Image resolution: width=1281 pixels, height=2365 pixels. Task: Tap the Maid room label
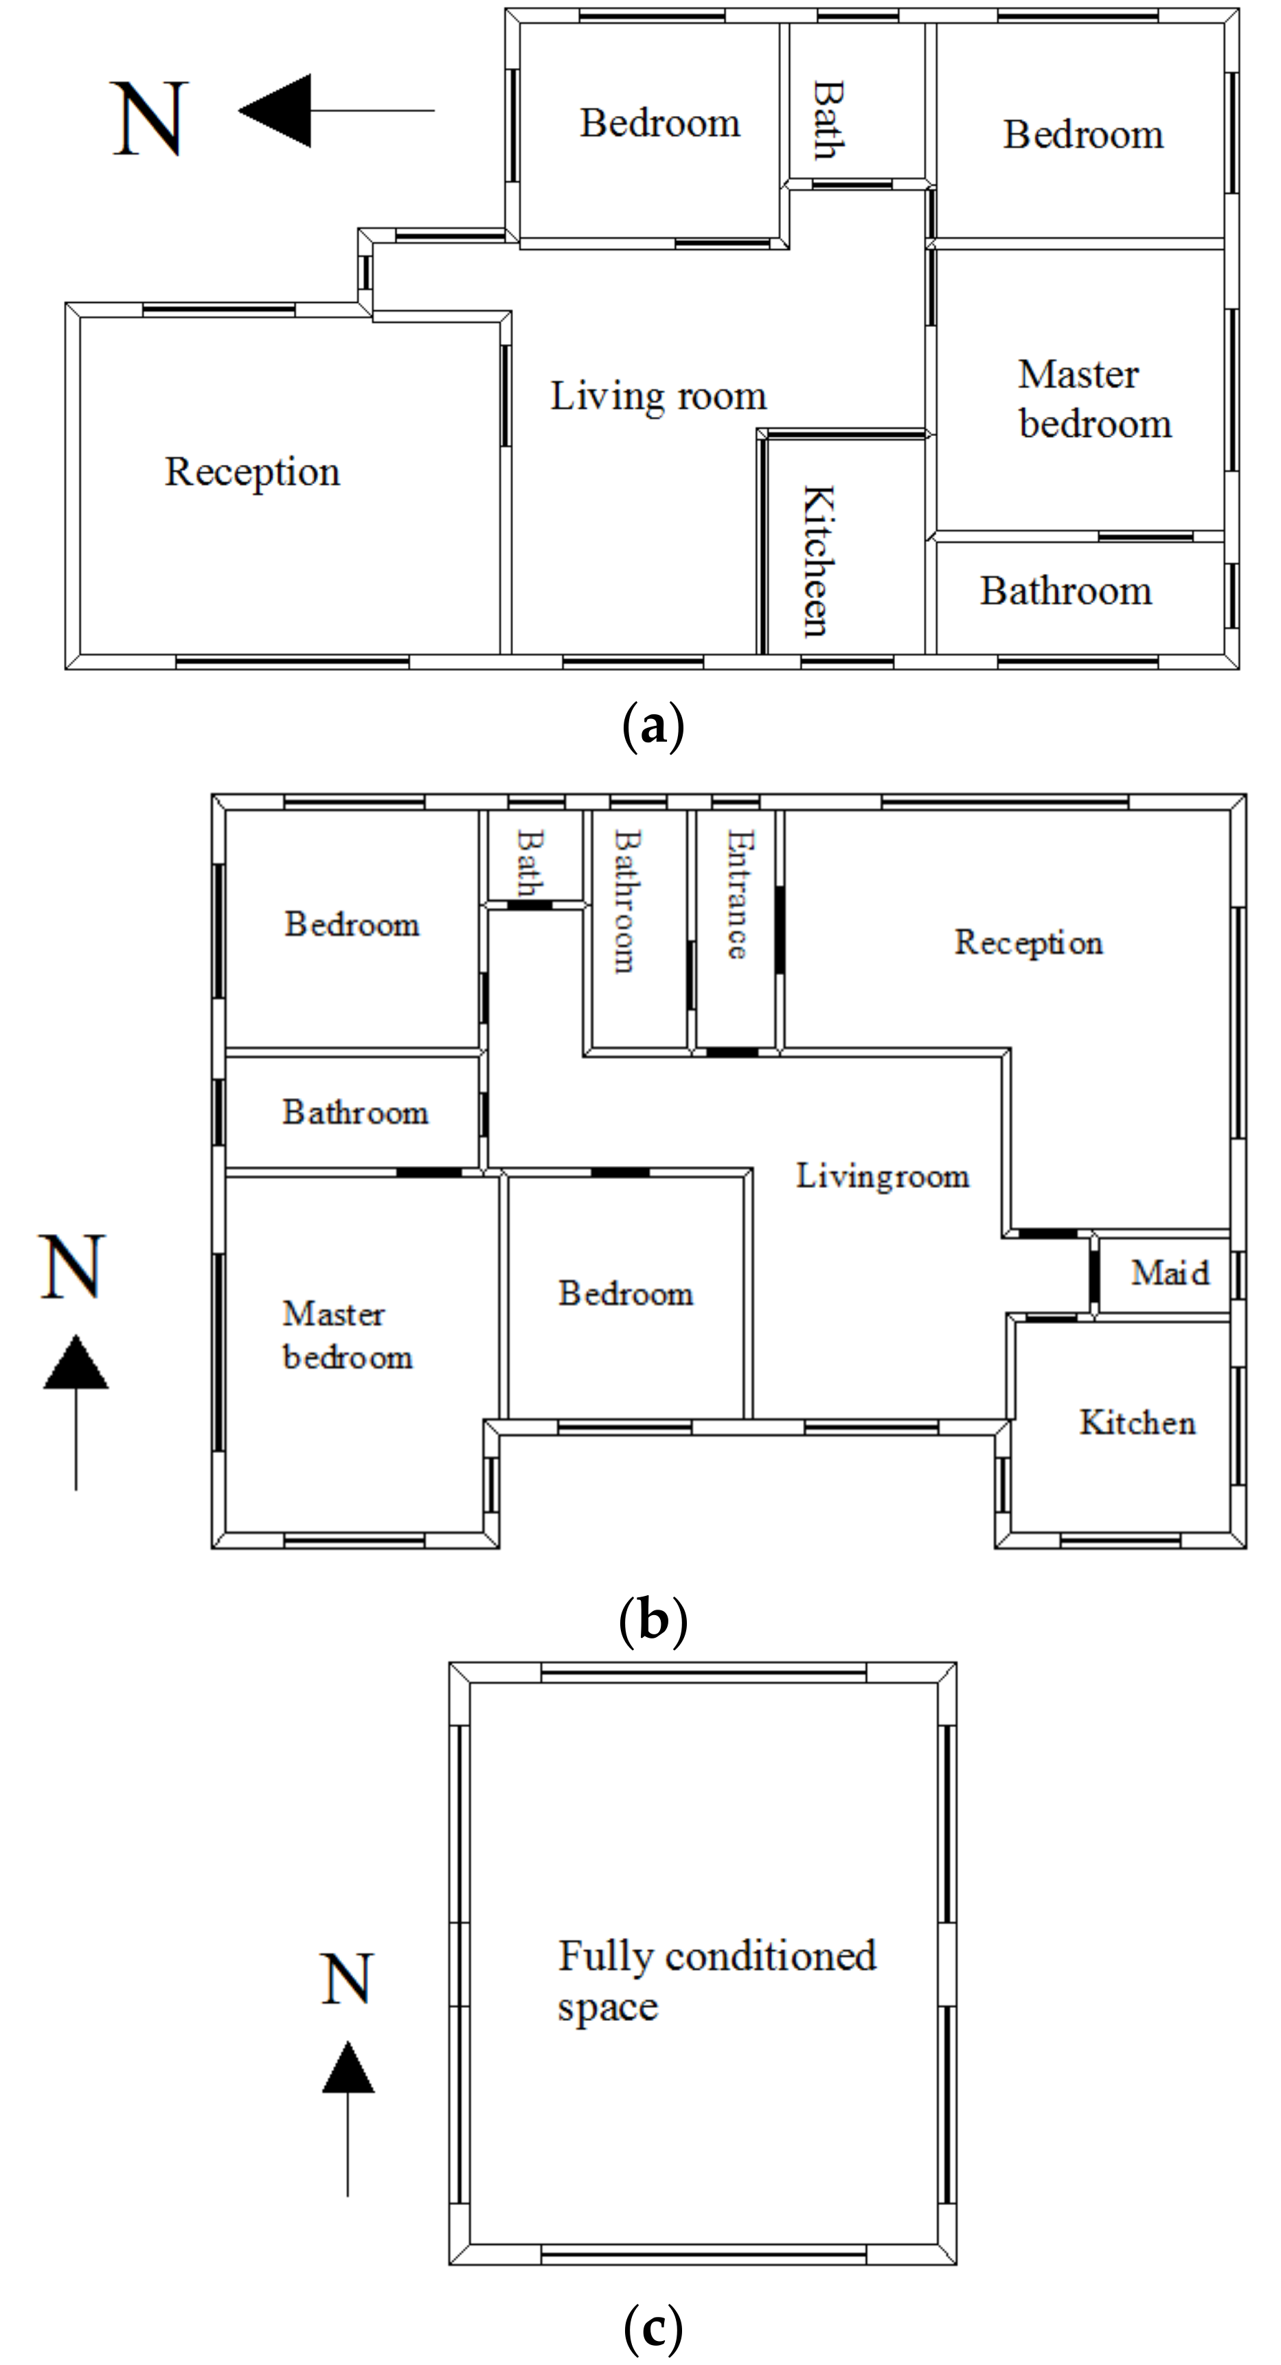(1169, 1272)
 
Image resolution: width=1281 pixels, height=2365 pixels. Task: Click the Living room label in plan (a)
(657, 397)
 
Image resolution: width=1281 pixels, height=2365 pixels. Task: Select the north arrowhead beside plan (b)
(76, 1362)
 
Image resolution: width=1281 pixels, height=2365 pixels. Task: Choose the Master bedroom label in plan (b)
(346, 1335)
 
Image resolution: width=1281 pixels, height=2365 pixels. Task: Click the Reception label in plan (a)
(253, 472)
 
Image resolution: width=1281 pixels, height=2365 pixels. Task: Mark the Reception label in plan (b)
(1028, 942)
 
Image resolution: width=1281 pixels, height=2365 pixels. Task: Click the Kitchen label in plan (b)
(1137, 1422)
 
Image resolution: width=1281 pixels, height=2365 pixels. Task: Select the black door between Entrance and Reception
(780, 929)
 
